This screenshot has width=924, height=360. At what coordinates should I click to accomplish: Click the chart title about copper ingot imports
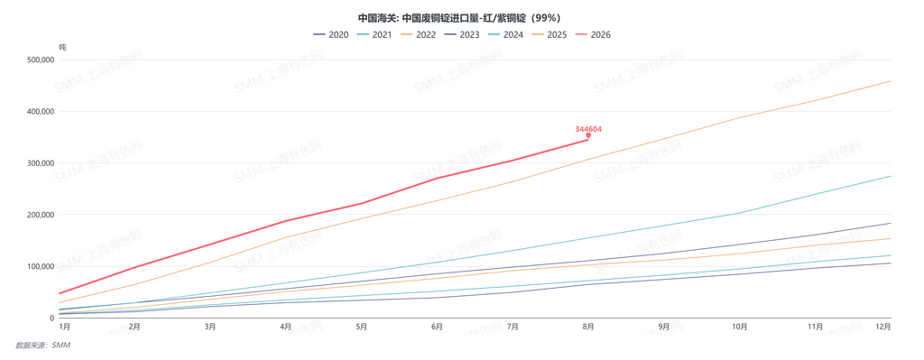[x=463, y=18]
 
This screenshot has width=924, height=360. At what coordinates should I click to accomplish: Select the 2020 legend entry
[x=331, y=35]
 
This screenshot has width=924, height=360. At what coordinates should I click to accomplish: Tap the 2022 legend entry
[x=419, y=35]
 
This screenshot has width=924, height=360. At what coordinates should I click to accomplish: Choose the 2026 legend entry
[x=593, y=35]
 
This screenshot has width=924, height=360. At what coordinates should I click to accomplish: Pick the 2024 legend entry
[x=505, y=35]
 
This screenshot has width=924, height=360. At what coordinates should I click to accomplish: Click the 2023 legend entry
[x=462, y=35]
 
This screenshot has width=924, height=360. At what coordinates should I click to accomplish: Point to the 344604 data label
[x=588, y=128]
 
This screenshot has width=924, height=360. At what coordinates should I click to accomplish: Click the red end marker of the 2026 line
[x=588, y=135]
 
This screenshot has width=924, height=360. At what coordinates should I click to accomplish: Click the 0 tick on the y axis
[x=52, y=318]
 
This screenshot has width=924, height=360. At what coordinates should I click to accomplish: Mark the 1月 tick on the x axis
[x=64, y=327]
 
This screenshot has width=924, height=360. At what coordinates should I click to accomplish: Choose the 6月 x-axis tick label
[x=438, y=327]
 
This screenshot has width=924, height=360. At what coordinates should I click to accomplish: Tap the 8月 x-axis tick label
[x=588, y=327]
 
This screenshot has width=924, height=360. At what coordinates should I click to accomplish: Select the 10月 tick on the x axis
[x=740, y=327]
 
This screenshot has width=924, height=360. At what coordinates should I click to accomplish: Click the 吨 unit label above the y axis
[x=62, y=47]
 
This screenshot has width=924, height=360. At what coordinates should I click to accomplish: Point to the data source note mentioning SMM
[x=42, y=346]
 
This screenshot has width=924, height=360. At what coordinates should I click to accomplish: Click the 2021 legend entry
[x=374, y=35]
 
